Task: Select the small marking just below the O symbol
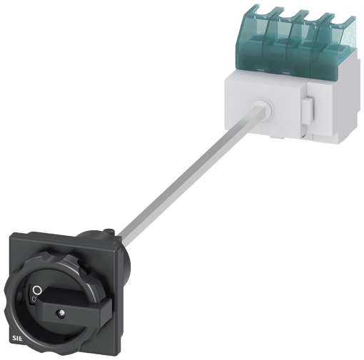tap(34, 299)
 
